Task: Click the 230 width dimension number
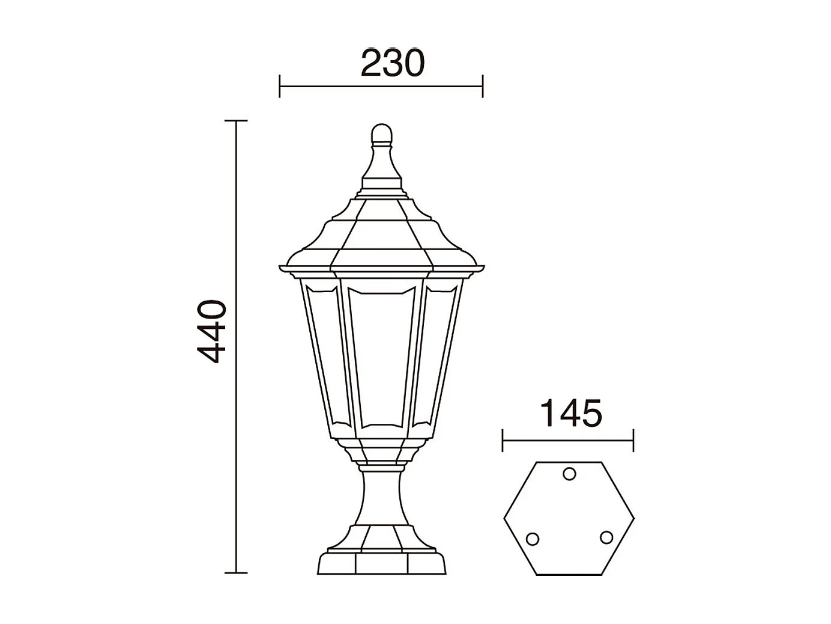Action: (392, 64)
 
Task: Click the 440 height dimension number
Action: (212, 332)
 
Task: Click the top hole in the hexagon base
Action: (569, 474)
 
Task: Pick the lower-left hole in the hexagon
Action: (532, 539)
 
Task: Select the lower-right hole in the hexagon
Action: (606, 537)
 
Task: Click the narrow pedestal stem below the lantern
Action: (381, 499)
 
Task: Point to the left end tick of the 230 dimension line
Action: (280, 87)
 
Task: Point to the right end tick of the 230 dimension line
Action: (483, 87)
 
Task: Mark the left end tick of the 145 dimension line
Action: (503, 441)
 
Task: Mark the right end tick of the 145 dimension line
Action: (633, 441)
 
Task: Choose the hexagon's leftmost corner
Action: (504, 519)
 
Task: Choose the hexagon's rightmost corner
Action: (634, 519)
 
